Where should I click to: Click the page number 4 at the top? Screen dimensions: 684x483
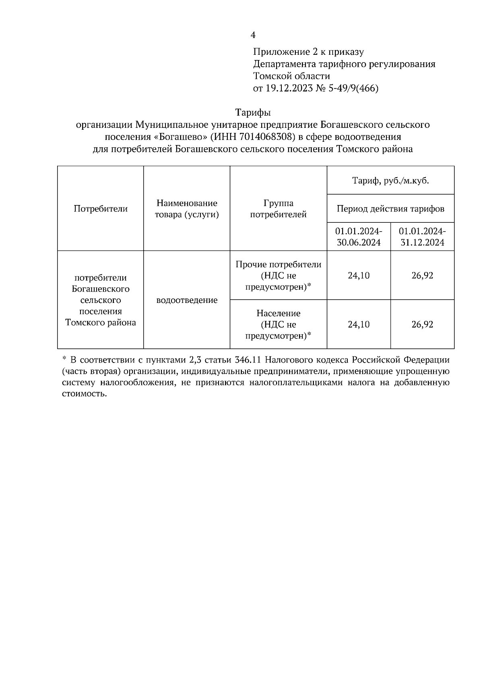click(253, 35)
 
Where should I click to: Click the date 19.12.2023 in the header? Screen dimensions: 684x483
click(289, 88)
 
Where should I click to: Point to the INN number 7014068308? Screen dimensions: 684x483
click(265, 137)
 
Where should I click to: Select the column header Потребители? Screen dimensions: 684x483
click(101, 209)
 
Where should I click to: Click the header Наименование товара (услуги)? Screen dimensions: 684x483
click(187, 209)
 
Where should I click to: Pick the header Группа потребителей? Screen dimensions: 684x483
click(278, 209)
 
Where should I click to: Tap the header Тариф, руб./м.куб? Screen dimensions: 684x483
click(390, 180)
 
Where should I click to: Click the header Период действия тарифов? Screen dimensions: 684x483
click(390, 209)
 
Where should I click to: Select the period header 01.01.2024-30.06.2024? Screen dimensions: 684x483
click(359, 237)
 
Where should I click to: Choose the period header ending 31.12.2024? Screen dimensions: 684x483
click(422, 237)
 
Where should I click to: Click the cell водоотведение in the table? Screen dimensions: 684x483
click(187, 300)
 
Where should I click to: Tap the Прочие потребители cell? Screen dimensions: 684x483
click(278, 276)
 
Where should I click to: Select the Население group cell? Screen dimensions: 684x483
click(278, 324)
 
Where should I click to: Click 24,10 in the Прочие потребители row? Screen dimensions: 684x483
click(359, 276)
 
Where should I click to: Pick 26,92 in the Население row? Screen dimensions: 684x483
click(422, 324)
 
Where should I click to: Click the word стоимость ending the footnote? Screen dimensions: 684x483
click(85, 394)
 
